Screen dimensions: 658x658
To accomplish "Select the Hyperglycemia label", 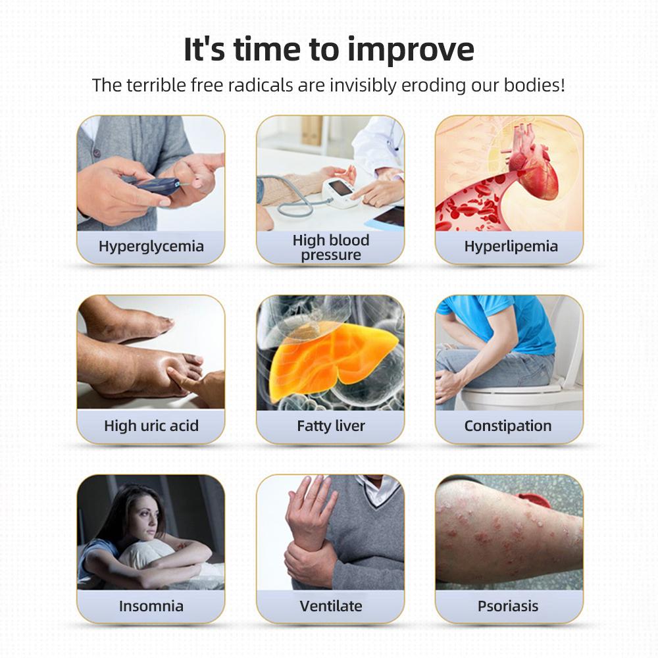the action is point(151,246).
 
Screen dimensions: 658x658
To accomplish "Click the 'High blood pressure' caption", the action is point(331,247).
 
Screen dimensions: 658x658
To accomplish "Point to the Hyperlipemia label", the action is point(511,246).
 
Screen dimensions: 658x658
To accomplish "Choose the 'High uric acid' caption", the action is point(151,426).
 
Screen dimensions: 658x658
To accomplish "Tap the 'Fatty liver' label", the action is point(331,426).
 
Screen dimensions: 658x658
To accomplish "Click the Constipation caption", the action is point(508,426).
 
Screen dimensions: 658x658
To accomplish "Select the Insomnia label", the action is point(151,606).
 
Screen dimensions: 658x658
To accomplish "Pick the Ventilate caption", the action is point(331,606).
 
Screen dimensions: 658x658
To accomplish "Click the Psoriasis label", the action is point(508,606).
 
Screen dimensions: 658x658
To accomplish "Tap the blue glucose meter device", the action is point(157,186).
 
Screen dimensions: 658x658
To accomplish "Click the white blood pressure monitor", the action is point(341,191).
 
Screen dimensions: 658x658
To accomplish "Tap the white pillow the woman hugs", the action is point(145,553).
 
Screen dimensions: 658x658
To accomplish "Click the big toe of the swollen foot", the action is point(191,360).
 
